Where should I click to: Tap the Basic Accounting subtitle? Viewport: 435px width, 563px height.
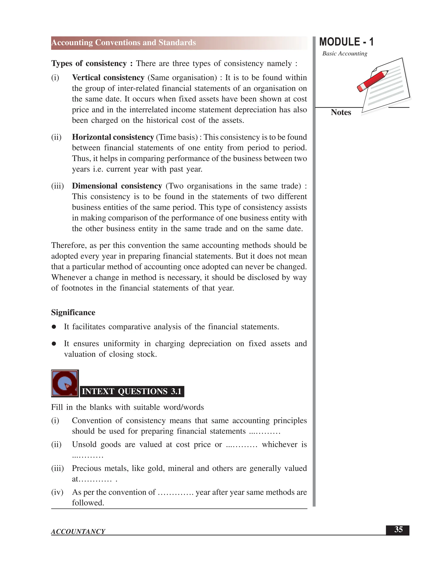(345, 54)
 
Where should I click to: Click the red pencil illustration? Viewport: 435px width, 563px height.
(372, 81)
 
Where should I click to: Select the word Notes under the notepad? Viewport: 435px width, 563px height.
(341, 112)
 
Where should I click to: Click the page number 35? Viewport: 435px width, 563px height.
(398, 529)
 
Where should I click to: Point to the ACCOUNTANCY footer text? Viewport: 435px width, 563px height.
(78, 532)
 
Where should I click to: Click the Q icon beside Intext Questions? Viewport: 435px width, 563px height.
(65, 383)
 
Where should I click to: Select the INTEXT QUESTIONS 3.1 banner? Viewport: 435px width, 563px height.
(132, 391)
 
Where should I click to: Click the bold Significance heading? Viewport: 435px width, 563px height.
(73, 313)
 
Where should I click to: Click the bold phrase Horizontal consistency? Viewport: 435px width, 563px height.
(113, 137)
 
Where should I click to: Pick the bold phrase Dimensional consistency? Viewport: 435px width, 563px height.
(117, 186)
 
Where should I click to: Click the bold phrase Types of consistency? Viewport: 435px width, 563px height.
(89, 63)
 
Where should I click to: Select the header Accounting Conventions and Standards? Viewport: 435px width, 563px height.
(124, 42)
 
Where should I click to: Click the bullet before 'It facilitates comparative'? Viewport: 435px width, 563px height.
(54, 327)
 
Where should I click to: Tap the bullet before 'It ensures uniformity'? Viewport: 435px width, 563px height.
(54, 344)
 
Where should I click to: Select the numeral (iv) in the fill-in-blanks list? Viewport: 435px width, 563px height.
(57, 492)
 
